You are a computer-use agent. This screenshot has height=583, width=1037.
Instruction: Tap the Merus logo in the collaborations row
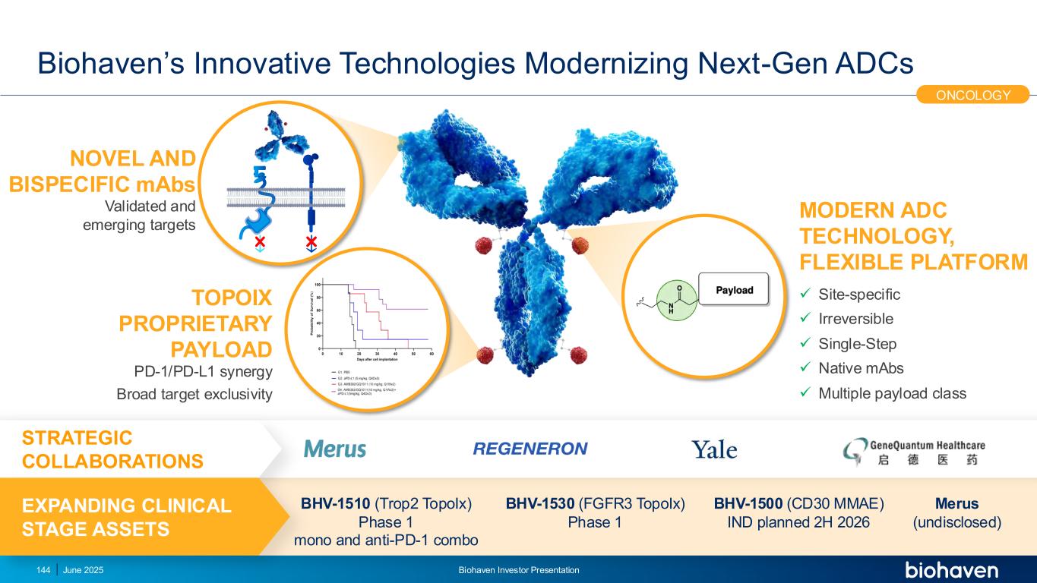point(335,449)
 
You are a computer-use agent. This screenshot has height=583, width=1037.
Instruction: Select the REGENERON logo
point(530,449)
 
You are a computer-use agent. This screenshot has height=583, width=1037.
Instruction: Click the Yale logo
point(714,450)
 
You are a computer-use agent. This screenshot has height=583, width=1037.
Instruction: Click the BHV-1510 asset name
point(335,503)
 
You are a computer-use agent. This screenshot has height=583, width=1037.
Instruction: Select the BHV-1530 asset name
point(540,503)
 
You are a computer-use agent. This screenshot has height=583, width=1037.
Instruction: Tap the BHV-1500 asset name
point(749,503)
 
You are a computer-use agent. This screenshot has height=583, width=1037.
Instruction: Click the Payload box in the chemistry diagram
point(735,290)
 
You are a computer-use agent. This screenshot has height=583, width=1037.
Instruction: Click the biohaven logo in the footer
point(951,570)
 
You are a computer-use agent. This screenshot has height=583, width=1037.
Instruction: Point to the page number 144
point(43,570)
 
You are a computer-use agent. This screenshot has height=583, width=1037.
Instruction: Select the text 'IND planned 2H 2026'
point(798,522)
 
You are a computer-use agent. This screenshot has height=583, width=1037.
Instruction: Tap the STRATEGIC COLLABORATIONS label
point(112,449)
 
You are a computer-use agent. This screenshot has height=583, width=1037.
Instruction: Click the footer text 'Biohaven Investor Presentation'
point(519,570)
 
